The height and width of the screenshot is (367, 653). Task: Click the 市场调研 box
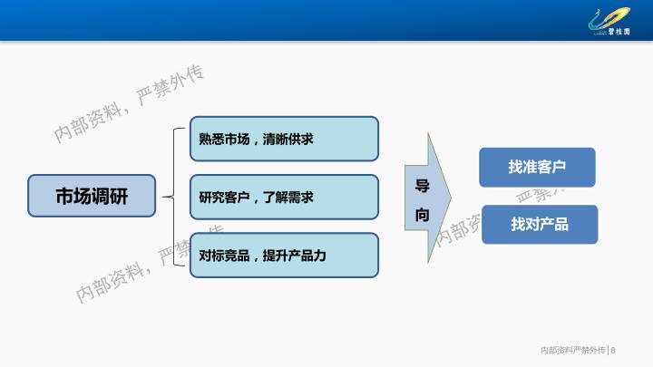point(92,196)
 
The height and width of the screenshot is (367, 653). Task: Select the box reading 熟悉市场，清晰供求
point(284,139)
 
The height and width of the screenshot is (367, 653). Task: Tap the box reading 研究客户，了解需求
point(284,197)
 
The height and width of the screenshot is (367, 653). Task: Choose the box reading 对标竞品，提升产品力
point(284,255)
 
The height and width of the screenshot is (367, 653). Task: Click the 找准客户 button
point(537,167)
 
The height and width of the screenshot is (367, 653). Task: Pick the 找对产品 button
point(540,225)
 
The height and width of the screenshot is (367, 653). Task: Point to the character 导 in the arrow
point(423,185)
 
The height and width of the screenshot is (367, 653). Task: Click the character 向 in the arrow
point(423,215)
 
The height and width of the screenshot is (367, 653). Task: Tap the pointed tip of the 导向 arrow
point(451,198)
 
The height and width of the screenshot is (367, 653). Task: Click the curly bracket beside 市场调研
point(174,197)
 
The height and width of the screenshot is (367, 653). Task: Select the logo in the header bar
point(609,22)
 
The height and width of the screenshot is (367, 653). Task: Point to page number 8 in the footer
point(613,351)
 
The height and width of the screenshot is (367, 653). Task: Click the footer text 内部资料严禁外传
point(573,351)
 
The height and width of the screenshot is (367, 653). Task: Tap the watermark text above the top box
point(129,103)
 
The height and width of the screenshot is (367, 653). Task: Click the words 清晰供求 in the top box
point(288,139)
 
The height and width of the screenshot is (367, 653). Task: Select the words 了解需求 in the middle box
point(288,198)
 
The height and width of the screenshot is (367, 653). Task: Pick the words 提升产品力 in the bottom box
point(295,256)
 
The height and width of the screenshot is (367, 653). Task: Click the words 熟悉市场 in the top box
point(224,139)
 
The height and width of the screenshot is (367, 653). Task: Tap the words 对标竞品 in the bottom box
point(224,256)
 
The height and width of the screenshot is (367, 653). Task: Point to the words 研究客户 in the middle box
point(224,198)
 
